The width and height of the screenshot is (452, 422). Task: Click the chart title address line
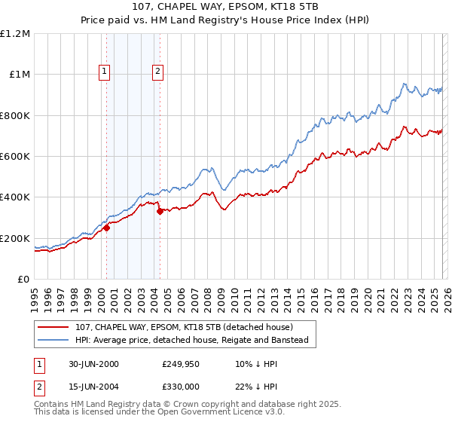click(x=225, y=7)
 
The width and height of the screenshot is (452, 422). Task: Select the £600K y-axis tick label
click(x=15, y=157)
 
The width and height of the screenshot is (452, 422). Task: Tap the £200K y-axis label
click(x=15, y=238)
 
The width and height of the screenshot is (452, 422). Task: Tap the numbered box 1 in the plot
click(x=104, y=72)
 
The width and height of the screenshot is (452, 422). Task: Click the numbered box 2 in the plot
click(x=157, y=72)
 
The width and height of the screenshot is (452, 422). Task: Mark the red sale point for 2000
click(x=107, y=228)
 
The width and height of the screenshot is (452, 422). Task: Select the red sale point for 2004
click(x=160, y=212)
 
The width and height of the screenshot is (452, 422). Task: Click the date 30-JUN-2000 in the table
click(x=93, y=364)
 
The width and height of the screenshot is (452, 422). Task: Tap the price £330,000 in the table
click(x=180, y=385)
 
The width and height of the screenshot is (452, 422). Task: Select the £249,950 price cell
click(x=180, y=364)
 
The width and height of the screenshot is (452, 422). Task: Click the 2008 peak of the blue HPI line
click(x=210, y=167)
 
